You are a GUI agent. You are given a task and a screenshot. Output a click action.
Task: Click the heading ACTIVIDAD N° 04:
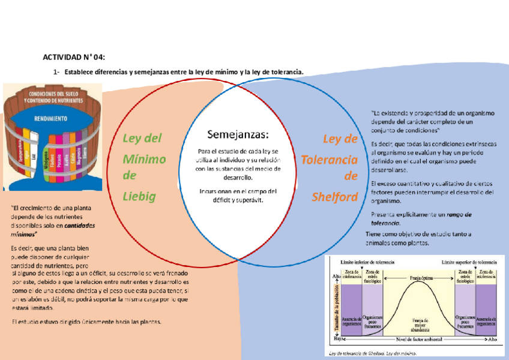click(74, 58)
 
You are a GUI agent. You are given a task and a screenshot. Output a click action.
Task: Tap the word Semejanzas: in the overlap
click(238, 133)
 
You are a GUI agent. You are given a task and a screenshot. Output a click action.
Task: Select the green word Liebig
click(139, 196)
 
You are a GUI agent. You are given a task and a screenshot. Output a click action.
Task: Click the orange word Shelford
click(334, 196)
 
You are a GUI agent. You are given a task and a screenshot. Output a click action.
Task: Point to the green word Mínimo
click(144, 158)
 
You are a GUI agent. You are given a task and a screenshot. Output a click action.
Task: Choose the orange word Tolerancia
click(329, 159)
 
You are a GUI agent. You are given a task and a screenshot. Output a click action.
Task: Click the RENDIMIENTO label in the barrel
click(50, 118)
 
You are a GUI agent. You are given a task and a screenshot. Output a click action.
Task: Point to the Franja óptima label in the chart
click(414, 278)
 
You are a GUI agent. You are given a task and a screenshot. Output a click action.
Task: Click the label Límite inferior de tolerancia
click(367, 263)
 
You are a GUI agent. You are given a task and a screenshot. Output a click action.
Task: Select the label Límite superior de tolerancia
click(469, 263)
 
